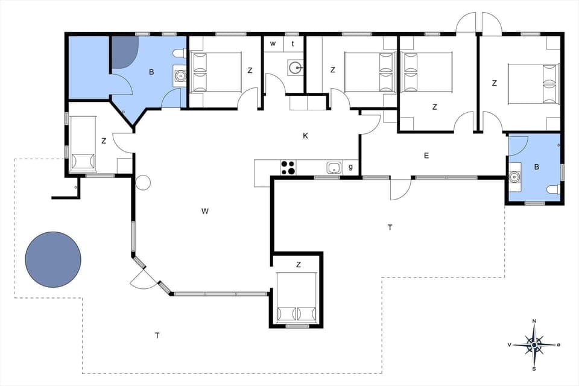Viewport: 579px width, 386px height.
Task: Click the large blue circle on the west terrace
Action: point(53,259)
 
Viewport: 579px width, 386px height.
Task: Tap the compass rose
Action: point(534,345)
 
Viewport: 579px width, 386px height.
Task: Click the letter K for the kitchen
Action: point(306,136)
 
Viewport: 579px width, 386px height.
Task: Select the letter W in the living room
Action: point(205,211)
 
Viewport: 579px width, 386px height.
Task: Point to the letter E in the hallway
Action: point(426,156)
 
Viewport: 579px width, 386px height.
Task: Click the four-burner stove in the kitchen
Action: point(288,167)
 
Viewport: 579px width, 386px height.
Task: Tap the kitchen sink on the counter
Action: point(334,167)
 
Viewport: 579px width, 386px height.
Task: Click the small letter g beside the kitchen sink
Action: point(350,166)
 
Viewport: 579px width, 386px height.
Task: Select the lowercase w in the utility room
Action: point(273,43)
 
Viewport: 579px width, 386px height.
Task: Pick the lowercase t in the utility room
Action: point(293,43)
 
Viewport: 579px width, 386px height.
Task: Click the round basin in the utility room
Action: point(294,67)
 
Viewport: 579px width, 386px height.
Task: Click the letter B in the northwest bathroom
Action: point(151,72)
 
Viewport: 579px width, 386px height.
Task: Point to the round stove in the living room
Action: point(143,182)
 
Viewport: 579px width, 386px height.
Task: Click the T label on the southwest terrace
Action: point(157,335)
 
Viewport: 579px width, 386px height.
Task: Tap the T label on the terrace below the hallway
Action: point(390,227)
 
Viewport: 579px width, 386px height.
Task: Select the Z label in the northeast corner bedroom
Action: point(494,83)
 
